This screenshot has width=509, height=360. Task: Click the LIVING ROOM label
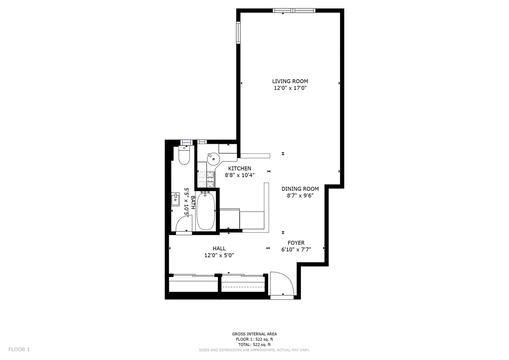coord(290,81)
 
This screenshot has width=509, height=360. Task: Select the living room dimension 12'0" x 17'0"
coord(290,88)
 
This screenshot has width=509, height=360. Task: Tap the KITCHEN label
coord(240,168)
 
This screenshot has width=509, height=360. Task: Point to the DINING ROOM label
coord(300,189)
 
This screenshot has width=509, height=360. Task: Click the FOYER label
coord(296,243)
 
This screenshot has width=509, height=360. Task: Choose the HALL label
coord(219,248)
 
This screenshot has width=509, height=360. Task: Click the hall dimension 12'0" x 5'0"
coord(219,255)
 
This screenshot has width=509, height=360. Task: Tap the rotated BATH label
coord(193,203)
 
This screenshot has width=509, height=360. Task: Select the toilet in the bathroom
coord(184,155)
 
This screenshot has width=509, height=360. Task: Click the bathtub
coord(206,211)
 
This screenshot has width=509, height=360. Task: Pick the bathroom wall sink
coord(175,198)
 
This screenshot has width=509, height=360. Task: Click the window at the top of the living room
coord(294,11)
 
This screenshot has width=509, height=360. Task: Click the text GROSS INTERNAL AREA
coord(255,334)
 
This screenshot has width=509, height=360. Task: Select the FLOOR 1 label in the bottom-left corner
coord(19,349)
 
